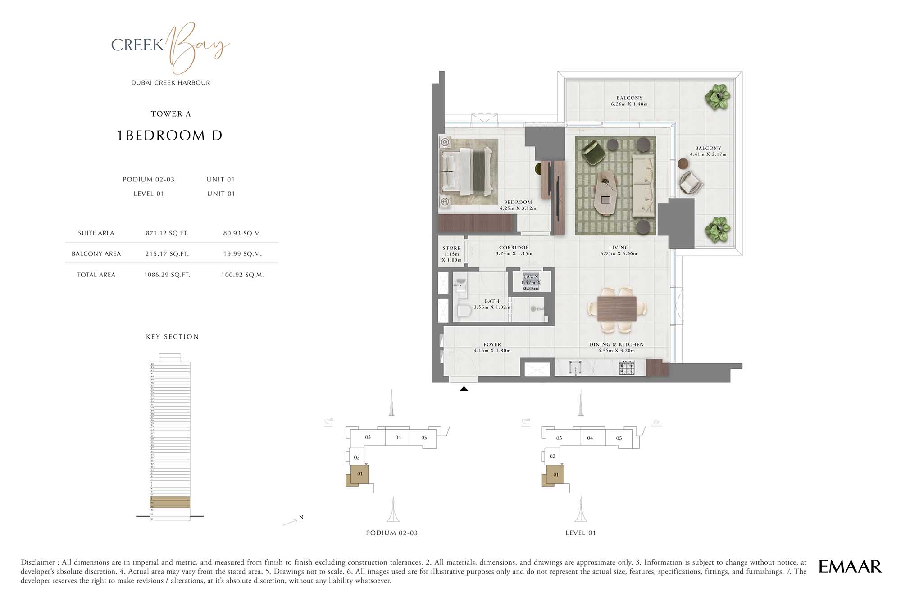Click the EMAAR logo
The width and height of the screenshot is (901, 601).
850,566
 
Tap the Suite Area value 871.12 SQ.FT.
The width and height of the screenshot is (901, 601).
167,233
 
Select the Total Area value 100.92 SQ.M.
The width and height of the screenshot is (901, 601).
242,275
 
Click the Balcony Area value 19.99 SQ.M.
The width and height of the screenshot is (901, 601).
242,254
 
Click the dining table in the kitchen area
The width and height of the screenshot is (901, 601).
617,309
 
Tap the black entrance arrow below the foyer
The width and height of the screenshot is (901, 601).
464,389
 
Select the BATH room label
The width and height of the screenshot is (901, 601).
492,301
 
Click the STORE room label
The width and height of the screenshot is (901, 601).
451,249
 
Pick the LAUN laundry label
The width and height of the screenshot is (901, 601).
531,276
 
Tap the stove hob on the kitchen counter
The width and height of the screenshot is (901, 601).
627,369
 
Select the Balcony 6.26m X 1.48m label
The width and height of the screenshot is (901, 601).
629,101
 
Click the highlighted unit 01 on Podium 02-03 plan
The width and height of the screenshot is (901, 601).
359,474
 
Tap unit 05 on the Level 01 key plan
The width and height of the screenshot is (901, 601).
619,438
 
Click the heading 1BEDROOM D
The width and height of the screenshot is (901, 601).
170,136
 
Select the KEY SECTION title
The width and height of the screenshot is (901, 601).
172,337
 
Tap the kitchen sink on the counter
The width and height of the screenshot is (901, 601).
575,370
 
